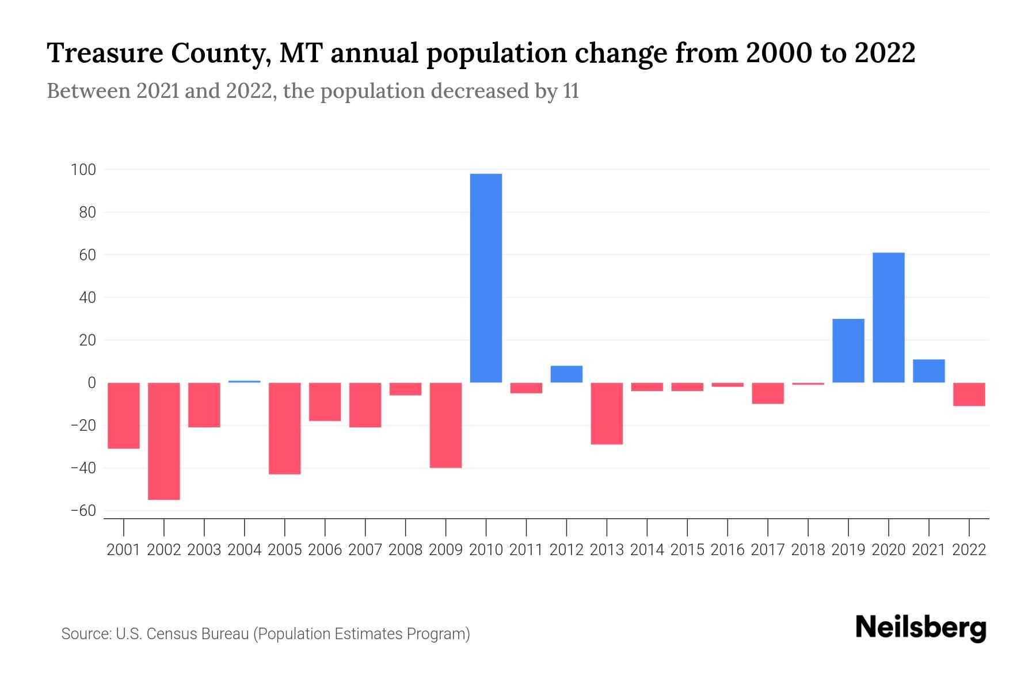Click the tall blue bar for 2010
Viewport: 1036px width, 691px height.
pos(486,278)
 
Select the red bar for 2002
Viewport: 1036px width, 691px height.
pos(164,441)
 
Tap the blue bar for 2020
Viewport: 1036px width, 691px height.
pos(888,317)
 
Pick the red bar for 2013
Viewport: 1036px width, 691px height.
pos(607,413)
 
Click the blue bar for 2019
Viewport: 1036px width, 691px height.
pos(848,351)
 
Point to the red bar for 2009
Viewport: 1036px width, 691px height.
pos(445,425)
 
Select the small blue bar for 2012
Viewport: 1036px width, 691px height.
pos(566,374)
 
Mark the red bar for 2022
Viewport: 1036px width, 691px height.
pos(969,394)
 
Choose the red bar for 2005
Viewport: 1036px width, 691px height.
pos(285,428)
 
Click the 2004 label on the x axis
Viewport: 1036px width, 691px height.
pos(245,550)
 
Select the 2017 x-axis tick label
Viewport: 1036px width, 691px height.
pos(767,550)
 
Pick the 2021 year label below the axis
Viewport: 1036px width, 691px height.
pos(928,550)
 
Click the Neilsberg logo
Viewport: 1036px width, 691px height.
pos(921,628)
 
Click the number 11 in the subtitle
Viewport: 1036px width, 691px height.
pos(571,92)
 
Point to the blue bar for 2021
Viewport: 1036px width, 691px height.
pos(928,371)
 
